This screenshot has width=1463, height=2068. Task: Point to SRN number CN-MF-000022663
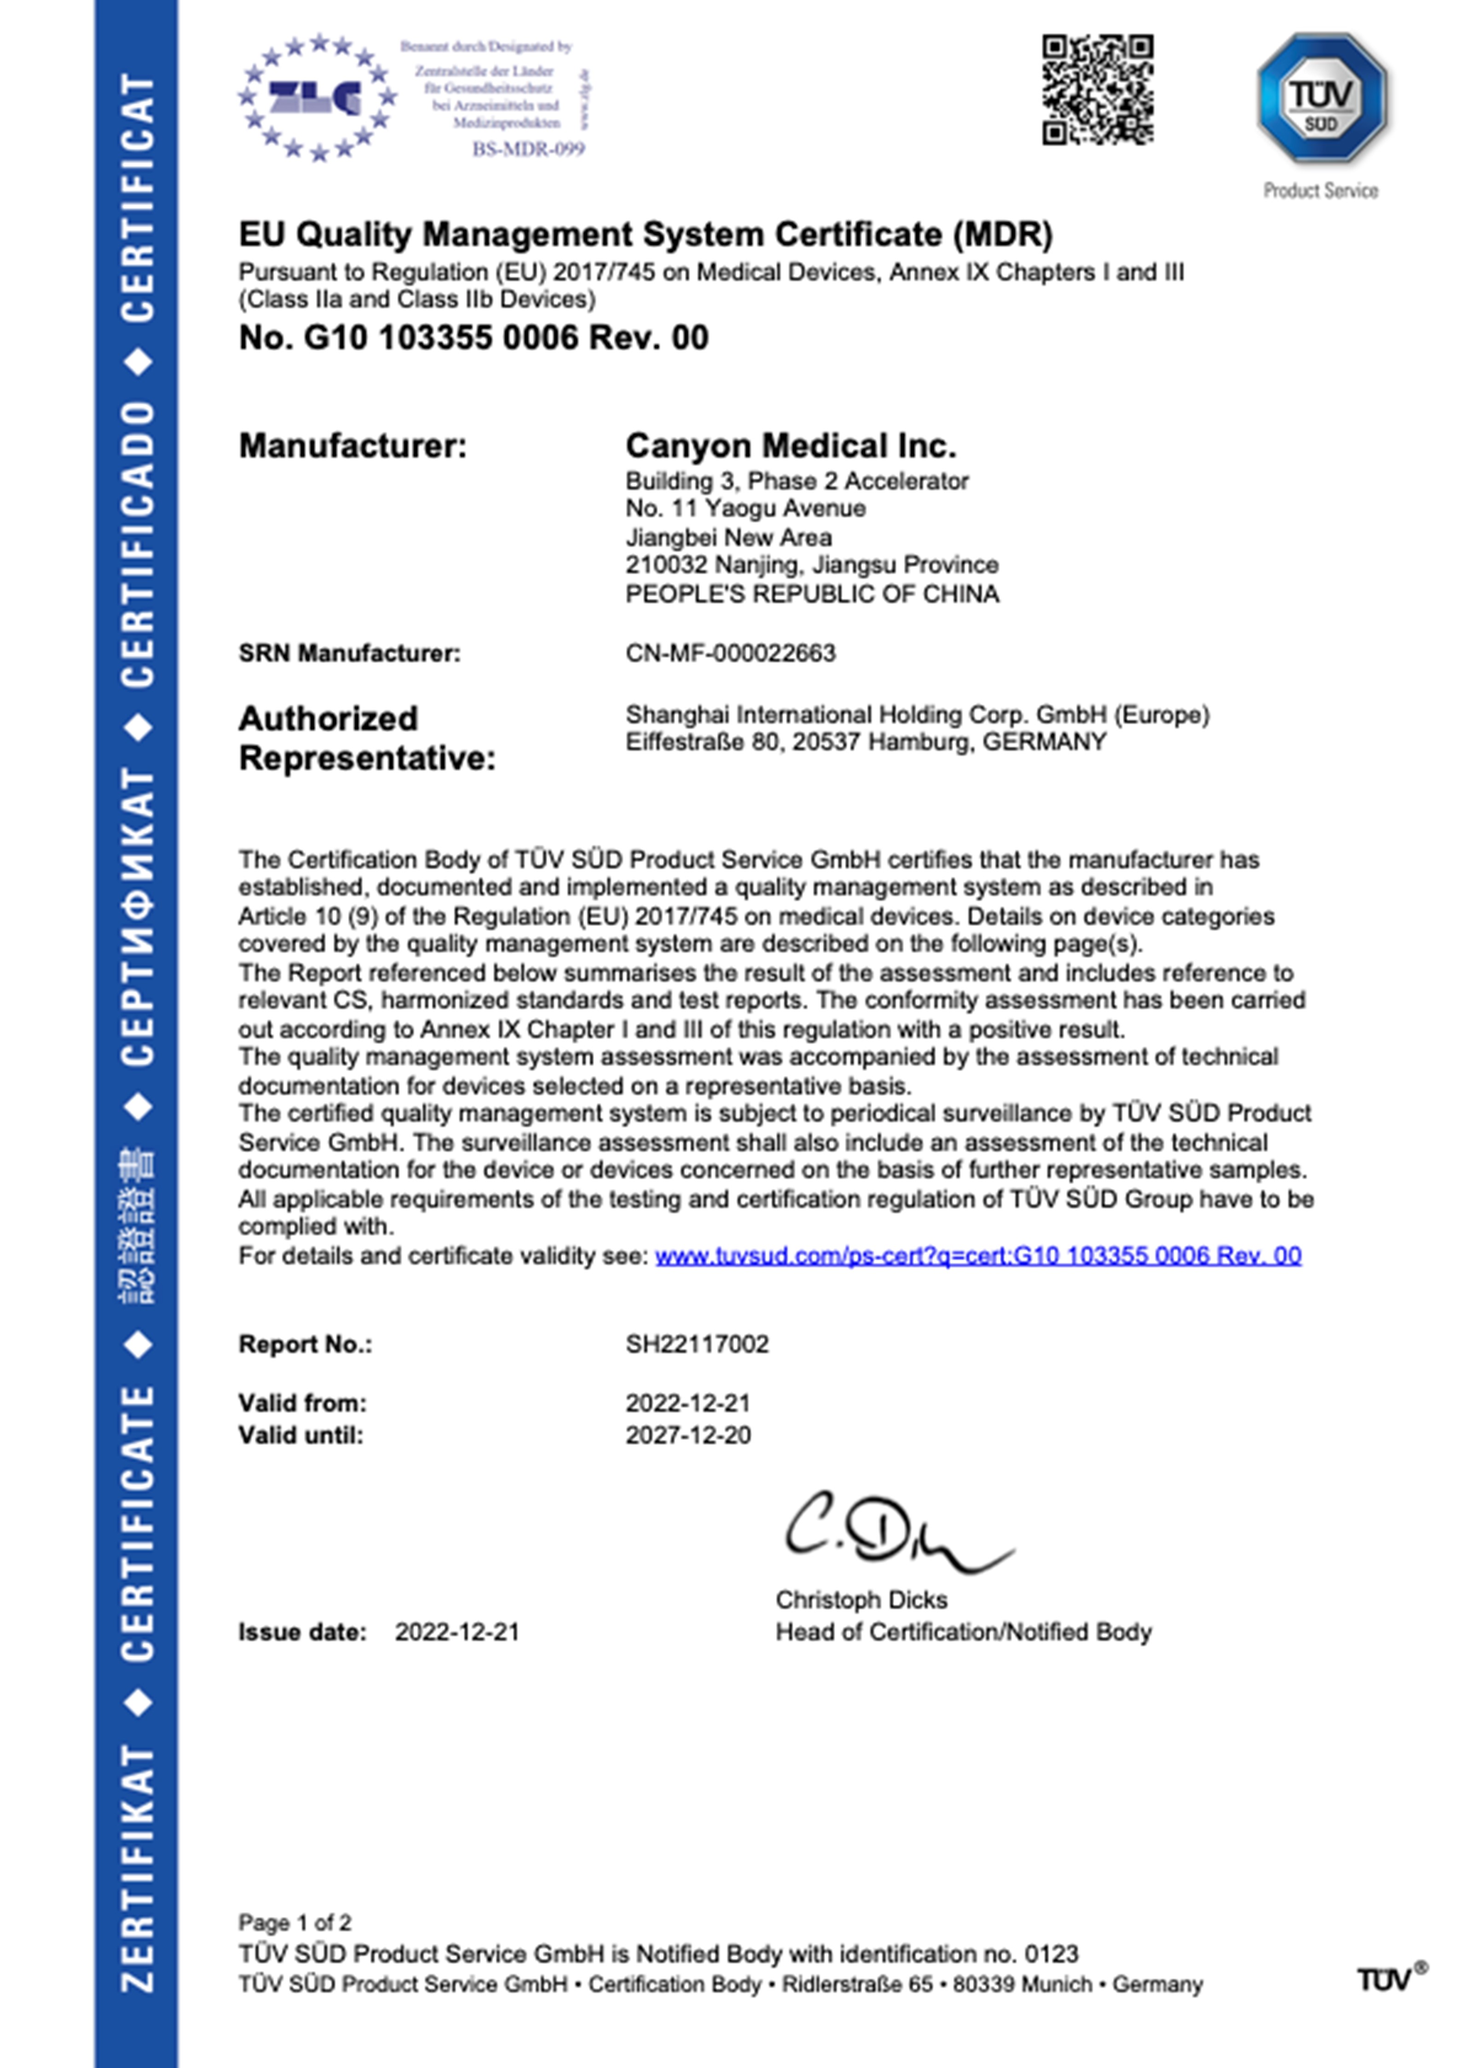coord(731,653)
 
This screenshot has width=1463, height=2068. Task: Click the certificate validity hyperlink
coord(977,1255)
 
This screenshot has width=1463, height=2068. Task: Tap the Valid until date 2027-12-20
coord(688,1435)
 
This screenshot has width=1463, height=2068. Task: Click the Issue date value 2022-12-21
coord(457,1632)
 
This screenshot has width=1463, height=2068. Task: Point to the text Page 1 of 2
coord(295,1923)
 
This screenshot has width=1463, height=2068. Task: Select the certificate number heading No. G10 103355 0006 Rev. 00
coord(473,338)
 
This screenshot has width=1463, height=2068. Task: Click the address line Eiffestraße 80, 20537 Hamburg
coord(865,742)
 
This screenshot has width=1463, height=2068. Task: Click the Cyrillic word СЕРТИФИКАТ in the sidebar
coord(137,917)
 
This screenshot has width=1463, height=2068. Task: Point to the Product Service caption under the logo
coord(1321,190)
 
